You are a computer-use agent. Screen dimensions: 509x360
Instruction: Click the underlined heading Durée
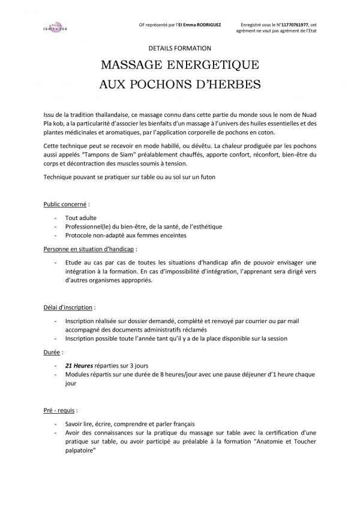[x=53, y=350]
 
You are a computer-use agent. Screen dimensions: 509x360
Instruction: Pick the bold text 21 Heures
[x=79, y=363]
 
